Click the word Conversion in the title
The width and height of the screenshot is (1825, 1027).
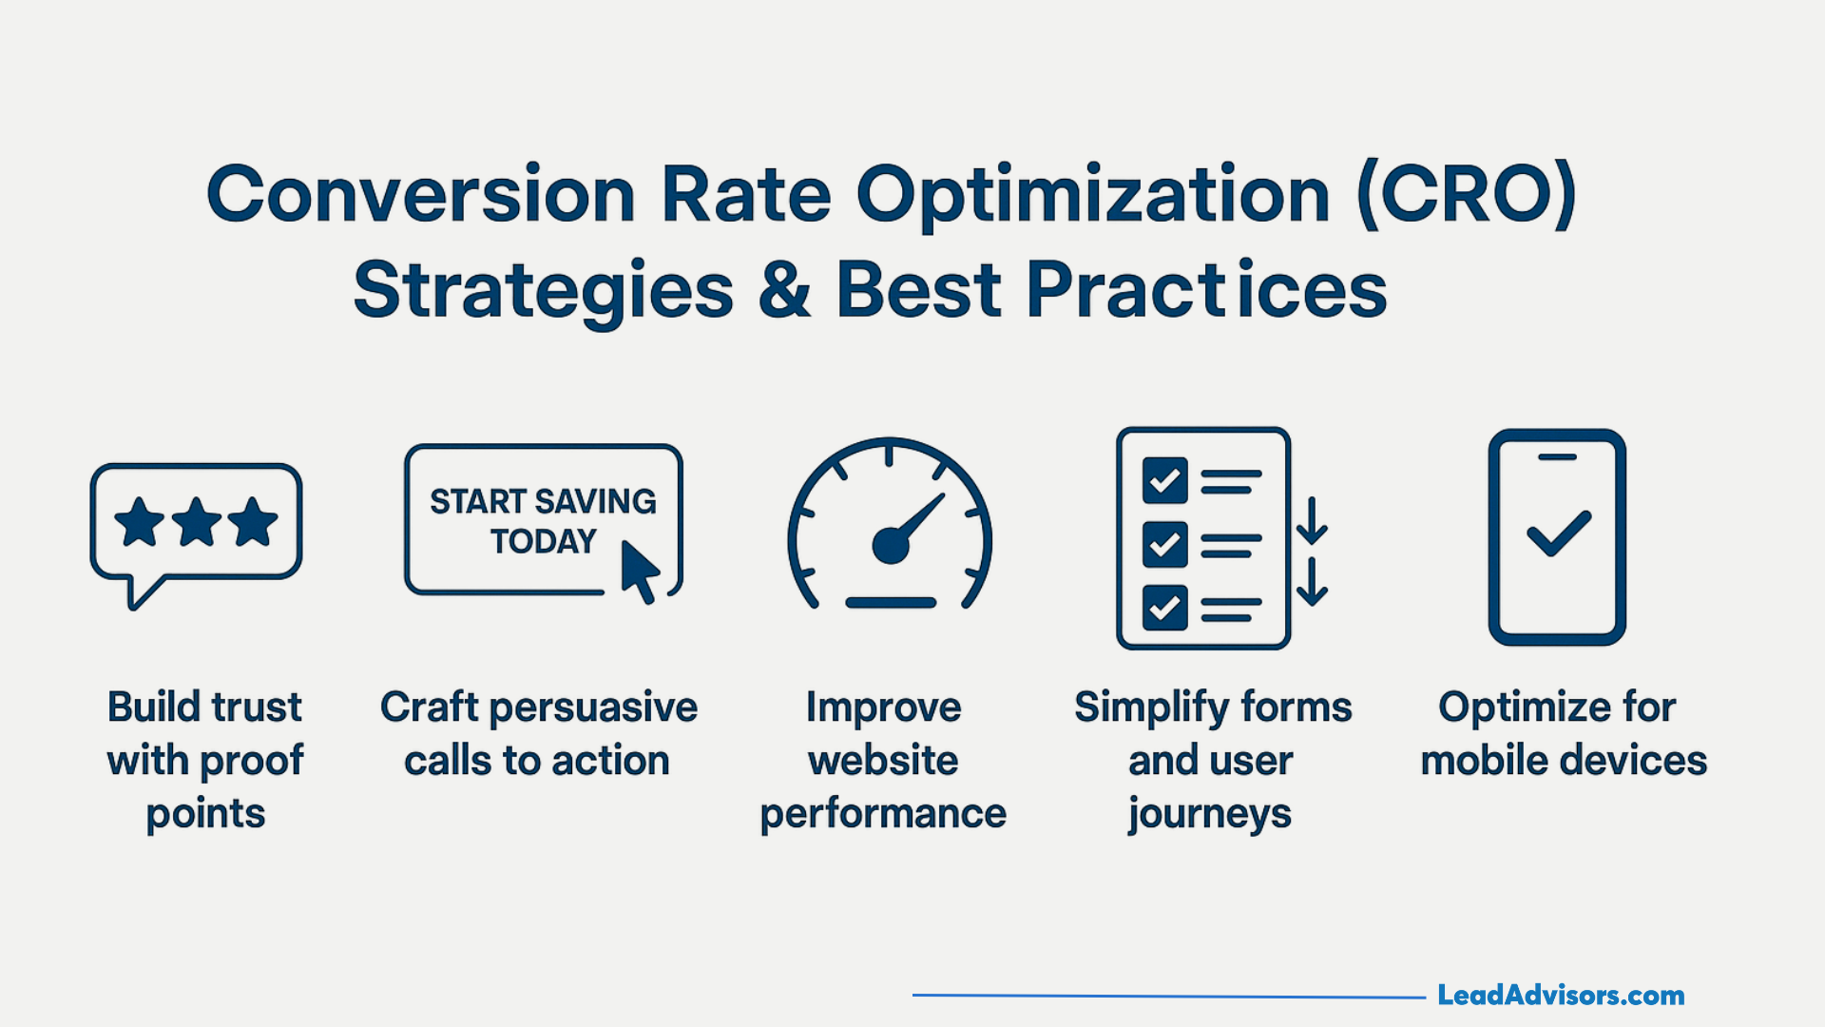point(420,195)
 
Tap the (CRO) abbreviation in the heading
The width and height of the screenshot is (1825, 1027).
point(1467,195)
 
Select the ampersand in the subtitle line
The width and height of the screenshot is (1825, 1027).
point(785,290)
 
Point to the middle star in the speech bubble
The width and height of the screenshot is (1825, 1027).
point(197,521)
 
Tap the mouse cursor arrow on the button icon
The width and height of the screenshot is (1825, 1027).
point(639,572)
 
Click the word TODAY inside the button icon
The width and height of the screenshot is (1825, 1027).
point(543,542)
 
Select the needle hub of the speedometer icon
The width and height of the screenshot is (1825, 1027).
point(891,546)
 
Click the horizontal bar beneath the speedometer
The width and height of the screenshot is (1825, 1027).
point(891,603)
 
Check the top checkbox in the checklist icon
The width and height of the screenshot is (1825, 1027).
point(1164,481)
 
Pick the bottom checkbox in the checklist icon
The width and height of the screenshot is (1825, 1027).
point(1164,607)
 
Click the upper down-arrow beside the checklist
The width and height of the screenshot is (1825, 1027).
point(1312,521)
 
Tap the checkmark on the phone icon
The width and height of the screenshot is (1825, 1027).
point(1558,533)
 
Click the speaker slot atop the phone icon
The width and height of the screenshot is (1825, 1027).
point(1557,457)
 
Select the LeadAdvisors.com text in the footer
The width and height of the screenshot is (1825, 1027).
point(1560,996)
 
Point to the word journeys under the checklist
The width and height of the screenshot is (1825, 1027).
point(1209,815)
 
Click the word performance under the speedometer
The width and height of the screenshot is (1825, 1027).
point(883,815)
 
